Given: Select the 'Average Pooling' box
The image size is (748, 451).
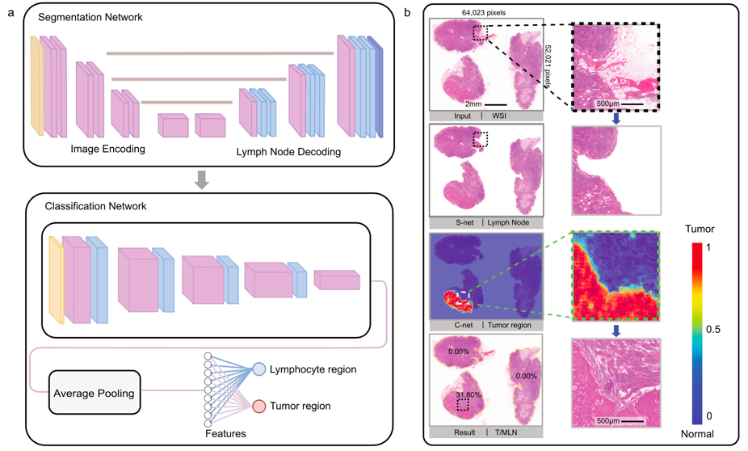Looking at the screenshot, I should (95, 392).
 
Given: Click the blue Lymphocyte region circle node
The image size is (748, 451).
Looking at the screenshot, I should (260, 369).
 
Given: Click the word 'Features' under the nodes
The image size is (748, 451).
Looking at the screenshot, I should (224, 434).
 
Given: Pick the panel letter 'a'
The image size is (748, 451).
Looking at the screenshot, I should (9, 13).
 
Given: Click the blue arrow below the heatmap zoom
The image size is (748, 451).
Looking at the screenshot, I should (616, 331).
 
